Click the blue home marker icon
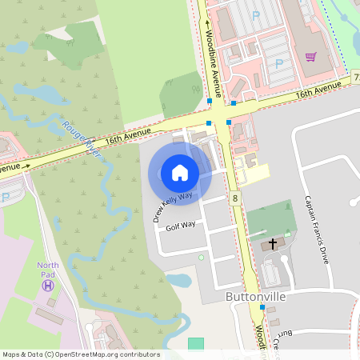[x=180, y=173]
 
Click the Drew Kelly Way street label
[x=173, y=206]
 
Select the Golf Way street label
[x=180, y=226]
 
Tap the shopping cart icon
[x=311, y=57]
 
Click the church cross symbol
[x=272, y=242]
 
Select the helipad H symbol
[x=48, y=285]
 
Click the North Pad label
[x=48, y=266]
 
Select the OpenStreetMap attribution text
[x=80, y=354]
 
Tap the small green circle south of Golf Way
[x=202, y=258]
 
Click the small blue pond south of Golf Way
[x=179, y=281]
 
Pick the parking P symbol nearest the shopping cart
[x=279, y=63]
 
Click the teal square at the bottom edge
[x=196, y=344]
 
